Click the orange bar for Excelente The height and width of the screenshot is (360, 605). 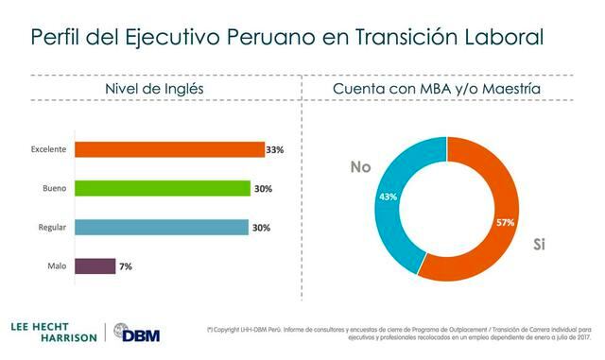click(x=169, y=149)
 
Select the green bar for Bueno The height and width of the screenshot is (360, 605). click(x=163, y=188)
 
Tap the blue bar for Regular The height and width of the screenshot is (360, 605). click(x=162, y=227)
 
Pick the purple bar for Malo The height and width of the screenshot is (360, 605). click(x=95, y=266)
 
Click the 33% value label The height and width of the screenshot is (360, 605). click(x=275, y=149)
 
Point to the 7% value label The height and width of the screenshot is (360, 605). click(x=126, y=266)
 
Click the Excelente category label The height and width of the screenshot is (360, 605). click(x=47, y=149)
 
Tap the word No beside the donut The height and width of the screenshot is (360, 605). click(x=360, y=167)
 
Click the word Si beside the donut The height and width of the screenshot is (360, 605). click(x=540, y=245)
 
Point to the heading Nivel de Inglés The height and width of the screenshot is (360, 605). click(x=153, y=89)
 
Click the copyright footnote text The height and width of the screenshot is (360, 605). click(x=398, y=334)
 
